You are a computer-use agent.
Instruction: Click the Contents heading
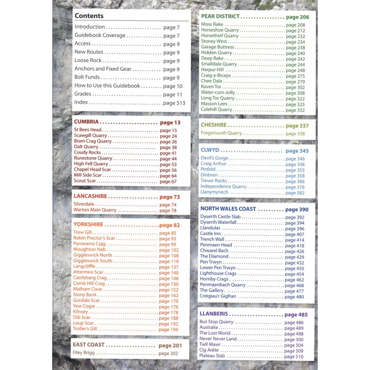pos(89,16)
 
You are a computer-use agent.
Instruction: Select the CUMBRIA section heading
pos(86,122)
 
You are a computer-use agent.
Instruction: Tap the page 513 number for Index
pos(174,103)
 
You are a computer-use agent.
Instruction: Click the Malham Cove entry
pos(87,290)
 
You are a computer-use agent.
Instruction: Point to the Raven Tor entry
pos(211,87)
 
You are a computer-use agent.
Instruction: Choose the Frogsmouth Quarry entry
pos(222,133)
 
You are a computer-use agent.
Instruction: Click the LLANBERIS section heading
pos(214,314)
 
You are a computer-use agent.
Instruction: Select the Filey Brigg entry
pos(84,353)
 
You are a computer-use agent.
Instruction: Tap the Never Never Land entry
pos(218,339)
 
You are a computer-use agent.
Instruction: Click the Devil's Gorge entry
pos(215,159)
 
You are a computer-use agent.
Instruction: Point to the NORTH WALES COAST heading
pos(228,209)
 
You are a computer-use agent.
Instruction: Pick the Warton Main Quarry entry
pos(95,210)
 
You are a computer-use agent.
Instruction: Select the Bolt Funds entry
pos(87,78)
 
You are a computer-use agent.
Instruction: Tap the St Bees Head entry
pos(87,130)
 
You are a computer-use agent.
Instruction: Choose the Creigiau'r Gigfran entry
pos(218,296)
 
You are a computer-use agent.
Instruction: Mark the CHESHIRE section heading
pos(214,125)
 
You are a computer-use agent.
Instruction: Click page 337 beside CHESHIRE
pos(297,126)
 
